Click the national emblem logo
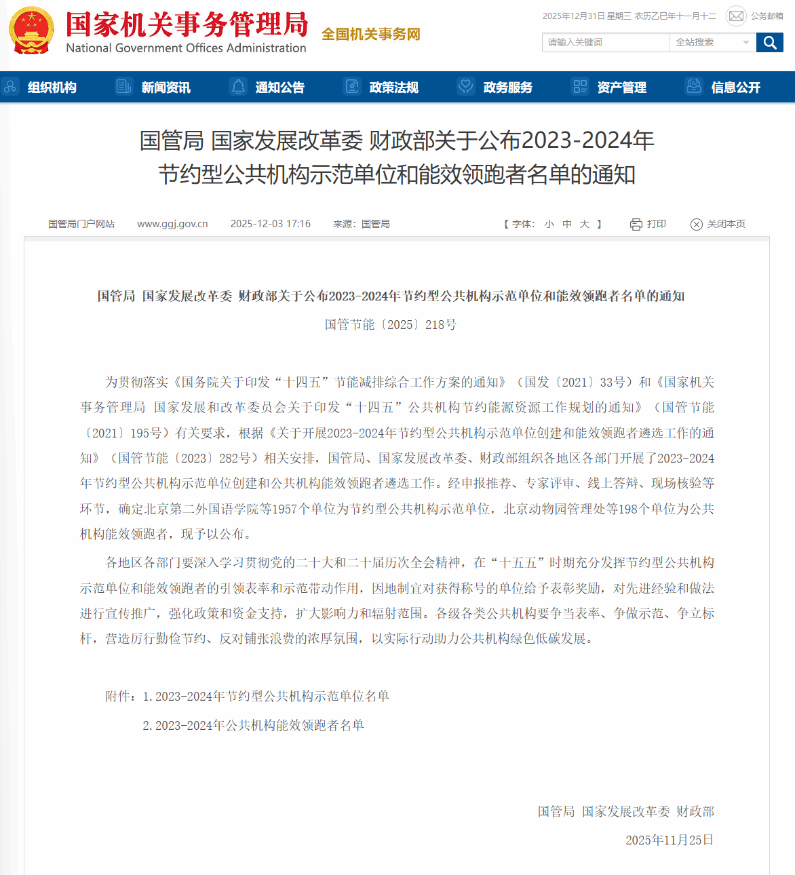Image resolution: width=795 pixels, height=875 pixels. pos(31,31)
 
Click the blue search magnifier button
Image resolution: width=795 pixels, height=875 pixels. pos(770,43)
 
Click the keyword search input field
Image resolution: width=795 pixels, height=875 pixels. pos(605,43)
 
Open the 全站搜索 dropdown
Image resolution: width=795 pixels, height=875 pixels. pos(712,43)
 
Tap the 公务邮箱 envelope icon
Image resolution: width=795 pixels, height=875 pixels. pos(736,16)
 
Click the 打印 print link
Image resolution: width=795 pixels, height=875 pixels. pos(648,224)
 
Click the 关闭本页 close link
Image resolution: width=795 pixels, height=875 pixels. pos(718,224)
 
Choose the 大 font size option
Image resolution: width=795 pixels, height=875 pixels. pos(584,224)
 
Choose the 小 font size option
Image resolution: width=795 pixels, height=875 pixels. pos(549,224)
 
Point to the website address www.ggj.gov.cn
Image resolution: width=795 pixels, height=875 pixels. pos(172,224)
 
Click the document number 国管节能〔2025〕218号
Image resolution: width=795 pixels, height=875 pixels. pos(391,325)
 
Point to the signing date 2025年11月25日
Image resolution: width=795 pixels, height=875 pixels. pos(669,840)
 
